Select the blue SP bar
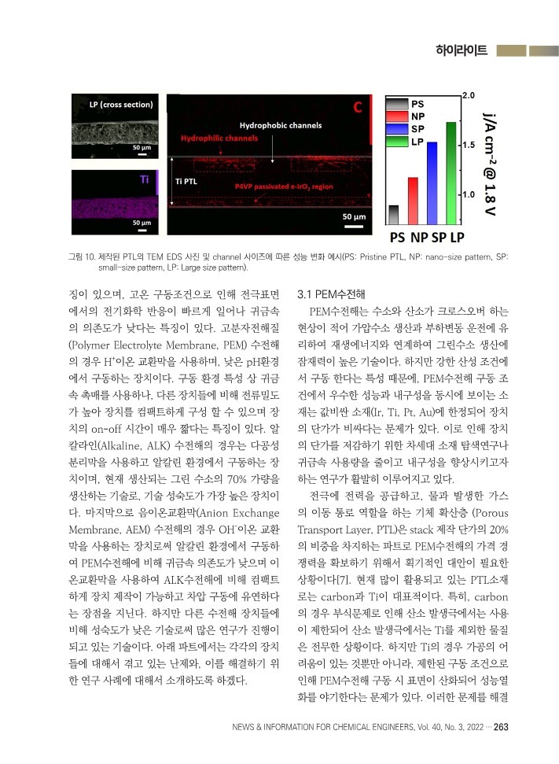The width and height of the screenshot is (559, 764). pos(432,183)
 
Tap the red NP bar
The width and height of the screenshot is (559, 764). pos(413,201)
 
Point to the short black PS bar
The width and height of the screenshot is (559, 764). pos(394,215)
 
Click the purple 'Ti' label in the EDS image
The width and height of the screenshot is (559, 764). pos(145,179)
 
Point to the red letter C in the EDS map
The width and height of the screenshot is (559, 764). pos(357,107)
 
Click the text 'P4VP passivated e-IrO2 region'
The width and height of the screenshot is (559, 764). pos(284,186)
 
